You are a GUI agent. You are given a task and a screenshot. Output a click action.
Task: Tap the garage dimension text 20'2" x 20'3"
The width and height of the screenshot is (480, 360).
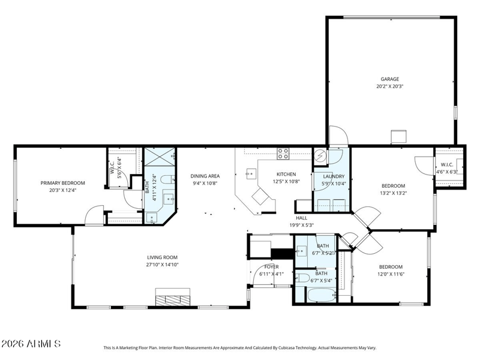tap(389, 86)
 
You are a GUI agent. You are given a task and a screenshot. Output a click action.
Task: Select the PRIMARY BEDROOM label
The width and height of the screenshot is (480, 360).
tap(63, 183)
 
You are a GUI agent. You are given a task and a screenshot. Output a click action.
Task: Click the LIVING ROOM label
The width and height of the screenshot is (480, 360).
tap(162, 257)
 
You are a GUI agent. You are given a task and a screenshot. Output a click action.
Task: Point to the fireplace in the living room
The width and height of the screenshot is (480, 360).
tap(173, 297)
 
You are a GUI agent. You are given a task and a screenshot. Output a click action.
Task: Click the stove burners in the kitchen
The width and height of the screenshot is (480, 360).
tap(283, 154)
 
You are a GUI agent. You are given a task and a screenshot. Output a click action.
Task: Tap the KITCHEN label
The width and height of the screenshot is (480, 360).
tap(286, 174)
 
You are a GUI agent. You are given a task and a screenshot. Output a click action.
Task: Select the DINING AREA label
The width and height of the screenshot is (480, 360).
tap(205, 176)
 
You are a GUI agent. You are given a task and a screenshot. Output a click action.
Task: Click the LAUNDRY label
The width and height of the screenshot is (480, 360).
tap(334, 176)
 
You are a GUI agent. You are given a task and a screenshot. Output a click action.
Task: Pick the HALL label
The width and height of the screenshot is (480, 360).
tap(302, 218)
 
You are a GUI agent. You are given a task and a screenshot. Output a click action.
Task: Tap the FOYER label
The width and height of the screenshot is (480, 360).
tap(272, 266)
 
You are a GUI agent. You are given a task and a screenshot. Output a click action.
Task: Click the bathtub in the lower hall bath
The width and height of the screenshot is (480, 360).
tap(322, 295)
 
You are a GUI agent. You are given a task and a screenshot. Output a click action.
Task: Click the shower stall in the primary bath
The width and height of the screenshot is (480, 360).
tap(160, 157)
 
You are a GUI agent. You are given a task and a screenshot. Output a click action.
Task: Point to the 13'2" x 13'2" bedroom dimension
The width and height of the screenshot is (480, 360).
tap(394, 193)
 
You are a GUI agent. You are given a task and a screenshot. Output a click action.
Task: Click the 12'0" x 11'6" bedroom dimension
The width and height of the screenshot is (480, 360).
tap(391, 274)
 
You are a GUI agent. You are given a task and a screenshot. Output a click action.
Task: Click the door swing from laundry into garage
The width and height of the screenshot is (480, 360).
tap(338, 135)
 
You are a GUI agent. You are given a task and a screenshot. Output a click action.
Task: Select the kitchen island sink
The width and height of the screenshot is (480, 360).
tap(251, 173)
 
